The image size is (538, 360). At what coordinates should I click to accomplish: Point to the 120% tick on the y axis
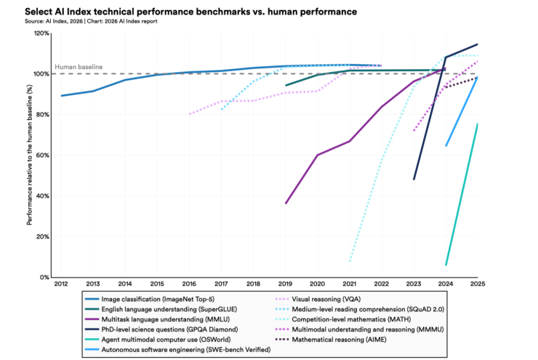click(x=42, y=33)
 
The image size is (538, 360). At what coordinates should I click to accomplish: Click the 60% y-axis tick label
click(x=44, y=156)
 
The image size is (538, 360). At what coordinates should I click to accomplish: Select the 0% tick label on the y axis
click(x=46, y=278)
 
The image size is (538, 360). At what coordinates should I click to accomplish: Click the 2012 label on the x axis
click(x=61, y=284)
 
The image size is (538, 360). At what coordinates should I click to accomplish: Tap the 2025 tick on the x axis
click(x=477, y=284)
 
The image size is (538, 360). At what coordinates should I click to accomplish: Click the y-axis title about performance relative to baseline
click(x=30, y=155)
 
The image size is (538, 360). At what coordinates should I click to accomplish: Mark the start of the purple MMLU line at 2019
click(x=286, y=203)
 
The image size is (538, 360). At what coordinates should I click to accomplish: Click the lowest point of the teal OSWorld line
click(x=446, y=265)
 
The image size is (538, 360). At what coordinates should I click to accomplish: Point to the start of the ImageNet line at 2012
click(x=62, y=95)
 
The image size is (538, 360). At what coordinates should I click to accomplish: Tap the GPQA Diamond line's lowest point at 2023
click(x=414, y=180)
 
